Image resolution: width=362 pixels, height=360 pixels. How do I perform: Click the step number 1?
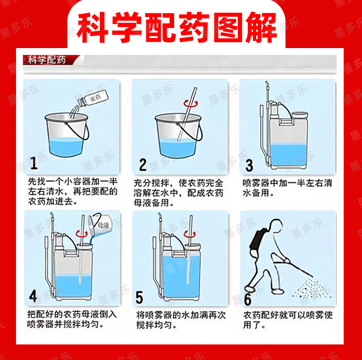34,163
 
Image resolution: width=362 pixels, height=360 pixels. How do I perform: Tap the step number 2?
143,164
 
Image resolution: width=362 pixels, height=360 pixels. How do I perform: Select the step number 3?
249,165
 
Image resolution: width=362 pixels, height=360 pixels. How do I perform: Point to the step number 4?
33,295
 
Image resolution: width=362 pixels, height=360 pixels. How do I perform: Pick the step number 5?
139,297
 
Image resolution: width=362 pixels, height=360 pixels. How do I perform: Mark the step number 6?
247,299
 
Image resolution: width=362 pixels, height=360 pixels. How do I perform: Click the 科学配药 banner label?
47,60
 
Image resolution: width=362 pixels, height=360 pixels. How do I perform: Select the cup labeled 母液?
100,226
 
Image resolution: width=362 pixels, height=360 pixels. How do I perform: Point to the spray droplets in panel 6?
312,289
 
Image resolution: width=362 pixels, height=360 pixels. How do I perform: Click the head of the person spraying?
276,225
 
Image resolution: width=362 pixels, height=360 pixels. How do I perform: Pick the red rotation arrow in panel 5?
190,235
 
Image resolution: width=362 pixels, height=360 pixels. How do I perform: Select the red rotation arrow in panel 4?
82,234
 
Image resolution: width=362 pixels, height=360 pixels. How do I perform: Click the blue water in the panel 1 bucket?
66,147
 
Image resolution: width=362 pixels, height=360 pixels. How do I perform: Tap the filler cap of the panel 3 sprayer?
300,115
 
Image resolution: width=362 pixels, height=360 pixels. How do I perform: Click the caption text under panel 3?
287,188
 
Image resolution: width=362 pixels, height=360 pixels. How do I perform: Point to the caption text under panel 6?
288,320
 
